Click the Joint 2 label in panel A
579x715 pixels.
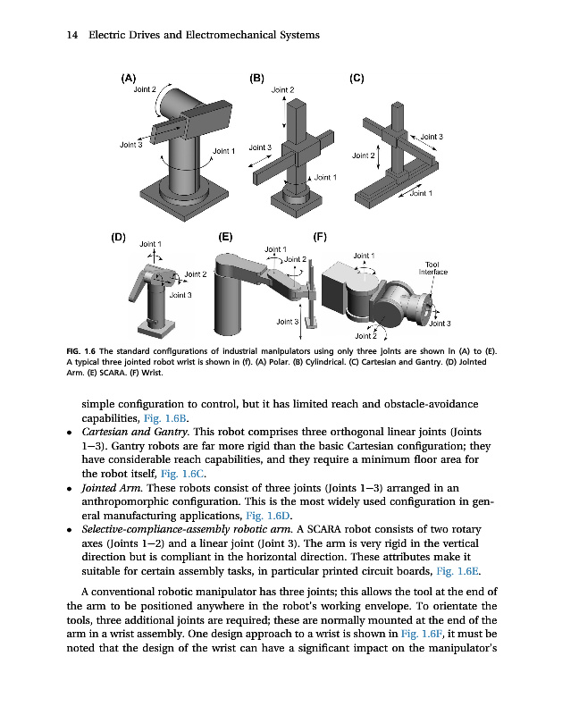pyautogui.click(x=145, y=89)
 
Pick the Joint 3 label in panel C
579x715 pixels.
pyautogui.click(x=432, y=137)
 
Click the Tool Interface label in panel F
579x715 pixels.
pyautogui.click(x=437, y=267)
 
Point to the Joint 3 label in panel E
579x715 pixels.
pyautogui.click(x=287, y=321)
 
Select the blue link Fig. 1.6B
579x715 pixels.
pyautogui.click(x=166, y=417)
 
